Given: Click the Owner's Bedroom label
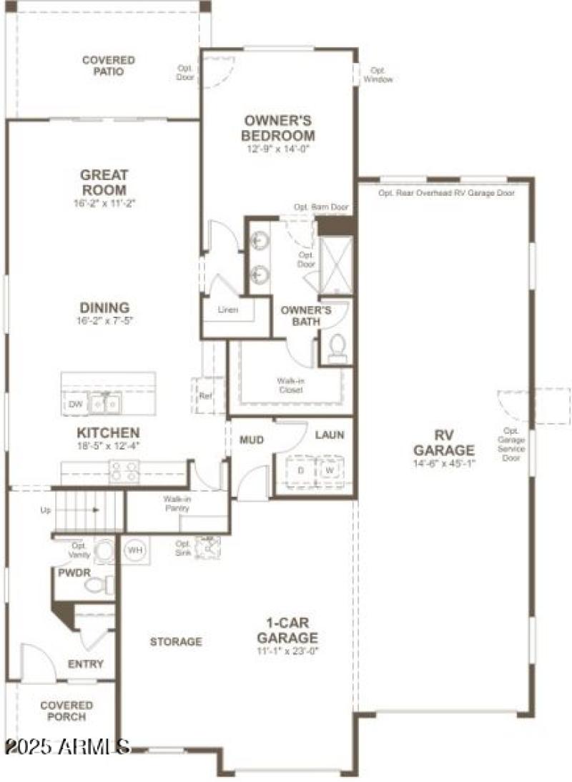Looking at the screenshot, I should click(278, 128).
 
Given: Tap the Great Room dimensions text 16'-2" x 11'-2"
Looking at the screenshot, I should click(104, 203).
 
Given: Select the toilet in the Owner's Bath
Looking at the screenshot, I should click(336, 349).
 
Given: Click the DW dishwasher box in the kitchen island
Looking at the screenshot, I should click(76, 405).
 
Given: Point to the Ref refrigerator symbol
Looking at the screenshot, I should click(206, 395).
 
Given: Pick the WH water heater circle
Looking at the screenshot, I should click(134, 550).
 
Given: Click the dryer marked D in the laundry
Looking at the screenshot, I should click(300, 472).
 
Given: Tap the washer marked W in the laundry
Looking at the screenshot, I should click(330, 472).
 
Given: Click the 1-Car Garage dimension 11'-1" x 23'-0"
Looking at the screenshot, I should click(287, 651).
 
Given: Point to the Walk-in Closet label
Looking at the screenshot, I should click(290, 385).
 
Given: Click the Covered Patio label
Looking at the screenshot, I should click(107, 66).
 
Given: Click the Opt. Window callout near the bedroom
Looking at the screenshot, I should click(378, 74).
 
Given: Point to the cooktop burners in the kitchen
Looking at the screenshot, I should click(124, 472).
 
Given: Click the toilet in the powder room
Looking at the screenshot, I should click(98, 585).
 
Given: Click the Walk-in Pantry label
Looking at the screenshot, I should click(176, 503).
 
